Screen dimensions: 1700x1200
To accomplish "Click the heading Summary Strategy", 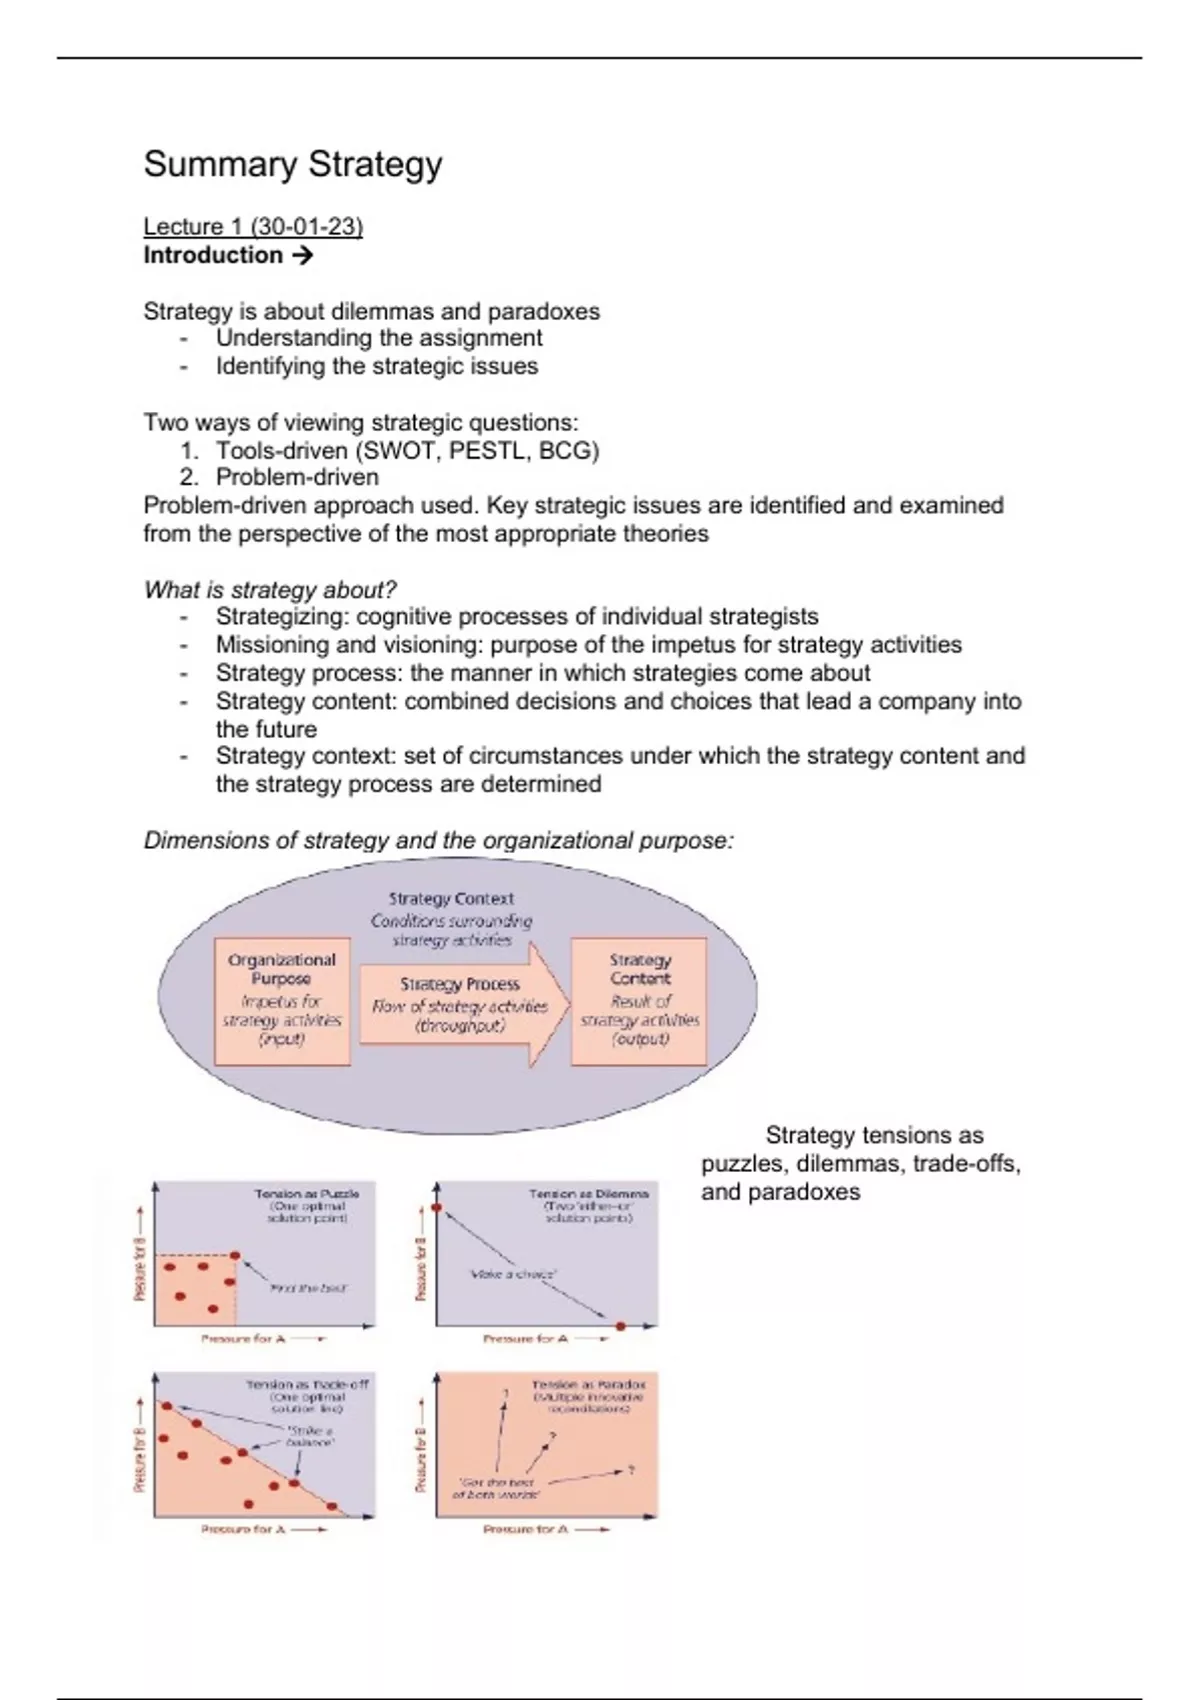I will click(x=292, y=165).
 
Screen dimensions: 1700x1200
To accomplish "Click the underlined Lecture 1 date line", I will click(x=253, y=227).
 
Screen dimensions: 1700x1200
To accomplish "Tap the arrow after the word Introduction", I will click(x=302, y=256).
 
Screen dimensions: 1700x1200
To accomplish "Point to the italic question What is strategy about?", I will click(x=270, y=590).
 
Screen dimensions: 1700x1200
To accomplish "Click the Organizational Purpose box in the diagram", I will click(x=282, y=1000).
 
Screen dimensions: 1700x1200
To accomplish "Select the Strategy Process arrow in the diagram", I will click(x=460, y=1004).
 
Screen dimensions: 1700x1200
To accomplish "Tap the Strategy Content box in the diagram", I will click(x=640, y=1000).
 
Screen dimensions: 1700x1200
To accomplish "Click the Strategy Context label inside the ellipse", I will click(x=451, y=899).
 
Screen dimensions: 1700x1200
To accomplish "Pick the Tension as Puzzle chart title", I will click(x=306, y=1194).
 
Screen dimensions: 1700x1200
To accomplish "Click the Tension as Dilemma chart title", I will click(x=588, y=1194).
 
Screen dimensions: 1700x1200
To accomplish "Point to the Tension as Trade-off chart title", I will click(x=307, y=1385).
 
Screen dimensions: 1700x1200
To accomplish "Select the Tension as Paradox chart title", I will click(x=588, y=1385).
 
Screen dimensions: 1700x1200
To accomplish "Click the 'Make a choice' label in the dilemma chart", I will click(x=512, y=1275).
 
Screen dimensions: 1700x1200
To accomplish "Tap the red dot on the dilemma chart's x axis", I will click(x=620, y=1326).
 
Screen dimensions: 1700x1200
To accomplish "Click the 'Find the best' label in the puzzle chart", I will click(x=308, y=1289).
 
